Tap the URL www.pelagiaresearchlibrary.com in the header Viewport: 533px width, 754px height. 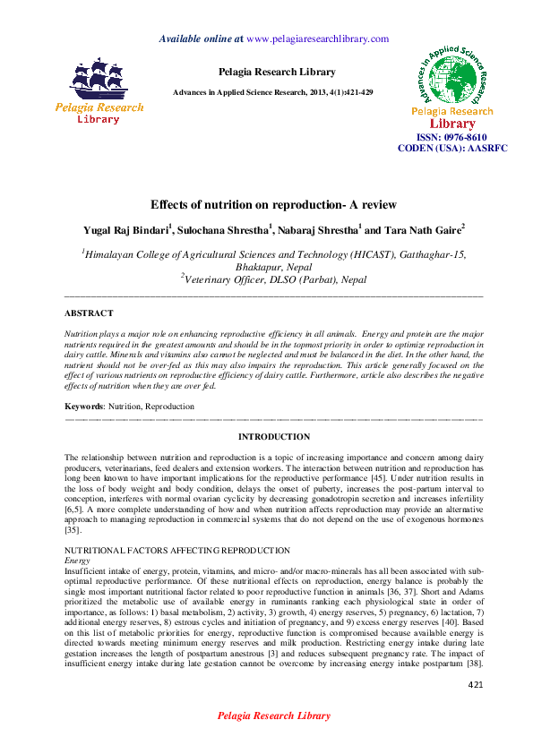point(317,39)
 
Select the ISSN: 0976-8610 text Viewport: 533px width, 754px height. point(452,137)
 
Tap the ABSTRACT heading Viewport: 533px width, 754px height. point(89,313)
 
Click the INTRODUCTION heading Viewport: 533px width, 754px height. point(274,437)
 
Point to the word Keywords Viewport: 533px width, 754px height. point(84,407)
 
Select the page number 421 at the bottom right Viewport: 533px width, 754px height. point(476,685)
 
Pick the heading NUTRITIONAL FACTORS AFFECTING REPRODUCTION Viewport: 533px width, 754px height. point(177,550)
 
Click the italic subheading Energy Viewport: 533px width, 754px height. point(78,560)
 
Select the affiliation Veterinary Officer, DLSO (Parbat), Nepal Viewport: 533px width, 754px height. point(274,279)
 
